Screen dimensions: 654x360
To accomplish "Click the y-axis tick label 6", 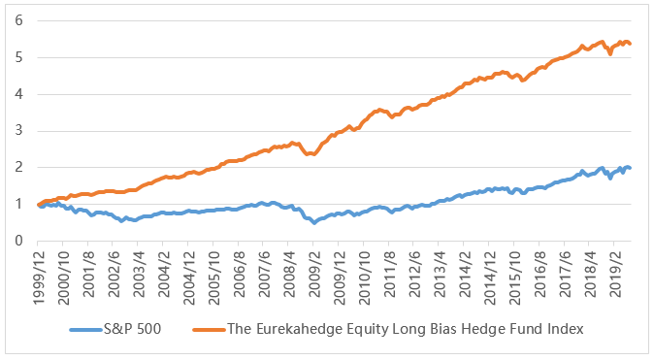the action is (18, 20).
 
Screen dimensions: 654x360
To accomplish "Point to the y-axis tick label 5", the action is (18, 57).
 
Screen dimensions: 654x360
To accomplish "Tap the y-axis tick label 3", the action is (18, 131).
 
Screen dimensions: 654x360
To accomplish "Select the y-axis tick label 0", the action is (18, 241).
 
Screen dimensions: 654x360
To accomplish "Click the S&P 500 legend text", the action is (132, 329).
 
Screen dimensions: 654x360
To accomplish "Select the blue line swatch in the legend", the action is (86, 330).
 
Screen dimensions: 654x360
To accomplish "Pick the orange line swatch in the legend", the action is (210, 330).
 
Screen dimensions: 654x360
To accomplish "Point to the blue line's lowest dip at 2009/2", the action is (314, 223).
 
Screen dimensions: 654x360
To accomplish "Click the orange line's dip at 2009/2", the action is (313, 154).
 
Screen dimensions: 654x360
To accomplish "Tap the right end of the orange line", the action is (630, 44).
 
